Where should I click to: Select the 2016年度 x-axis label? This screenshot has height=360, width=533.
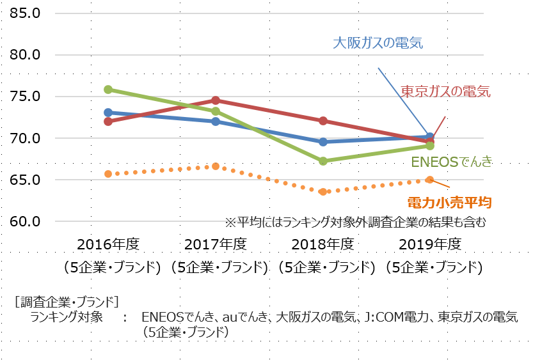[108, 244]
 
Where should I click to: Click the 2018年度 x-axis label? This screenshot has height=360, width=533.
[322, 244]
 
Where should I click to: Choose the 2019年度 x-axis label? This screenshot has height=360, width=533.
[430, 244]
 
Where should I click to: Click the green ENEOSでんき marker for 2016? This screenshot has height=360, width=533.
[108, 90]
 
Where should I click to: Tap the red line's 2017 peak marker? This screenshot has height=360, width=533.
[216, 100]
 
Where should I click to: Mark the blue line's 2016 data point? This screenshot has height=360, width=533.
[108, 113]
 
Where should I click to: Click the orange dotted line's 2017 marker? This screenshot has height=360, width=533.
[216, 166]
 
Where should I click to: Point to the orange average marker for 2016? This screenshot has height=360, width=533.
[108, 174]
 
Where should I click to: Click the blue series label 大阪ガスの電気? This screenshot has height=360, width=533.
[378, 43]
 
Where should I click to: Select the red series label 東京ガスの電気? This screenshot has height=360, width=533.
[445, 91]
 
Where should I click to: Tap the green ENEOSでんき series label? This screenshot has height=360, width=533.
[451, 162]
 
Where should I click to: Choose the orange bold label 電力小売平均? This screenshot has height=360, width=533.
[449, 203]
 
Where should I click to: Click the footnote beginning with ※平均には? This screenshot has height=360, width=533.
[355, 223]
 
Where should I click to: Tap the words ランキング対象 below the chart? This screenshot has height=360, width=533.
[66, 317]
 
